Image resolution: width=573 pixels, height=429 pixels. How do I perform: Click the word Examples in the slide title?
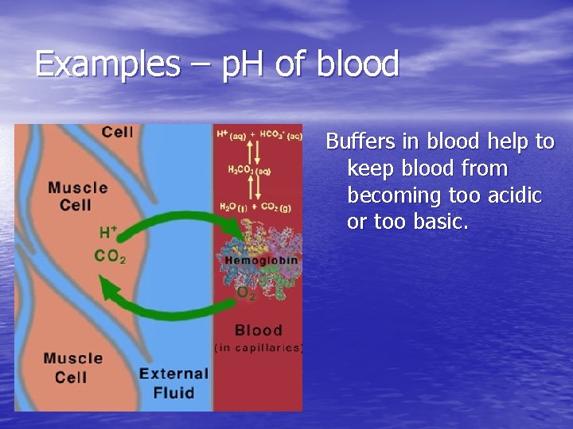[107, 64]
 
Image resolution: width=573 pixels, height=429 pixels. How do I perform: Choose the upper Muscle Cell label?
[77, 196]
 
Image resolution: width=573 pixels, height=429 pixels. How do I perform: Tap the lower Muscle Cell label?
[73, 367]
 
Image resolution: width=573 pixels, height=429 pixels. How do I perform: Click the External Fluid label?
[173, 381]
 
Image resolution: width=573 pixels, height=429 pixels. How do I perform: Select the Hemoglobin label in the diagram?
[261, 260]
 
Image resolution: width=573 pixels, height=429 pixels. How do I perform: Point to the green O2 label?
[247, 294]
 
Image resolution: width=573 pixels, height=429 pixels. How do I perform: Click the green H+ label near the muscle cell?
[108, 233]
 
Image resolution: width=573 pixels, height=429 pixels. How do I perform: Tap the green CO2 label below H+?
[110, 256]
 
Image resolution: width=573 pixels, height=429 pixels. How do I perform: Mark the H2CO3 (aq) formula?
[249, 169]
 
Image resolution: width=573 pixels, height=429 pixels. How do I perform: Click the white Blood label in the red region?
[258, 330]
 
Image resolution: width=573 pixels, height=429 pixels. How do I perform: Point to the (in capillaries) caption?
[258, 347]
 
